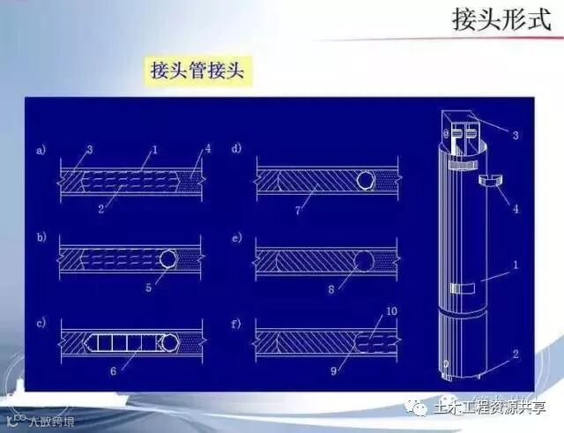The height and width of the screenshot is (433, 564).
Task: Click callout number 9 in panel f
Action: click(332, 370)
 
